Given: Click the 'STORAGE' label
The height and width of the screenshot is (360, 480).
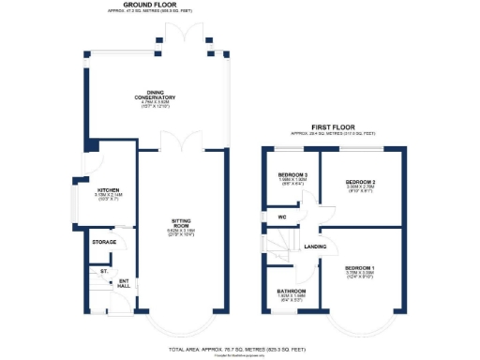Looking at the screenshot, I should pos(104,242).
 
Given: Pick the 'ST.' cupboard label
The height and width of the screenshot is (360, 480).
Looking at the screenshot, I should pos(103,271).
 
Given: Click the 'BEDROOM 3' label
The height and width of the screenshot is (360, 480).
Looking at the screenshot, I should pos(292,175).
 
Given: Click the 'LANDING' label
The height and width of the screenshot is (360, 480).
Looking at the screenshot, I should pos(315,247).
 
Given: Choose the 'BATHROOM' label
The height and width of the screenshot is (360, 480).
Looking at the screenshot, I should pos(291,292).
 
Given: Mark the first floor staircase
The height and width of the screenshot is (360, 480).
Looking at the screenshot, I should pos(278,247).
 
